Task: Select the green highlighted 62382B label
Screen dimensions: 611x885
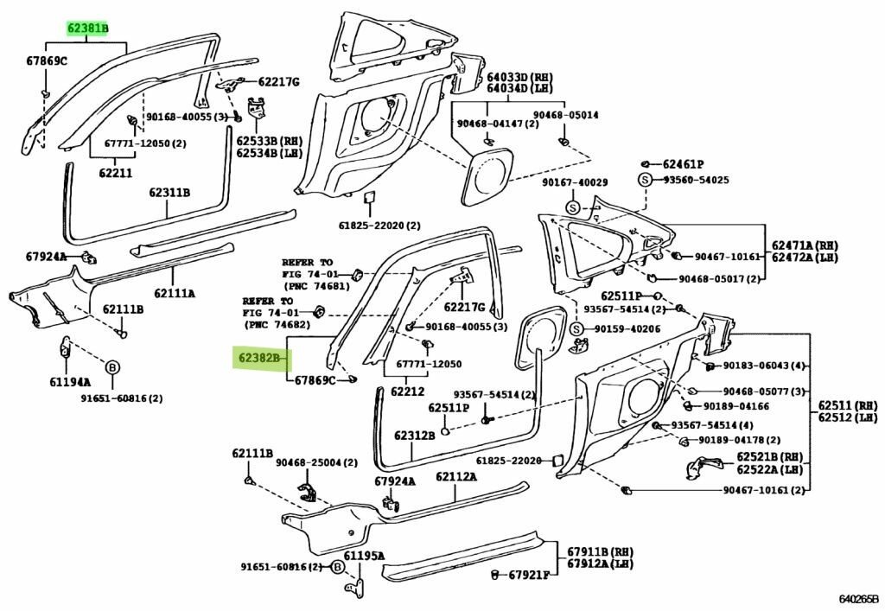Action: (260, 356)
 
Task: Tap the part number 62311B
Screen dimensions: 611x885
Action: (169, 193)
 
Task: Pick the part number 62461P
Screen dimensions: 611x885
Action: (684, 164)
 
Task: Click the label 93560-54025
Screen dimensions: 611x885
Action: (697, 180)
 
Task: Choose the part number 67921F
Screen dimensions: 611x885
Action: (531, 575)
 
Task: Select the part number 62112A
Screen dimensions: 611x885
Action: (456, 476)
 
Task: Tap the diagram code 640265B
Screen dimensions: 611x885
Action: (858, 598)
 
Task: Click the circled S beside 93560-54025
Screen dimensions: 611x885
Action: (645, 180)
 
